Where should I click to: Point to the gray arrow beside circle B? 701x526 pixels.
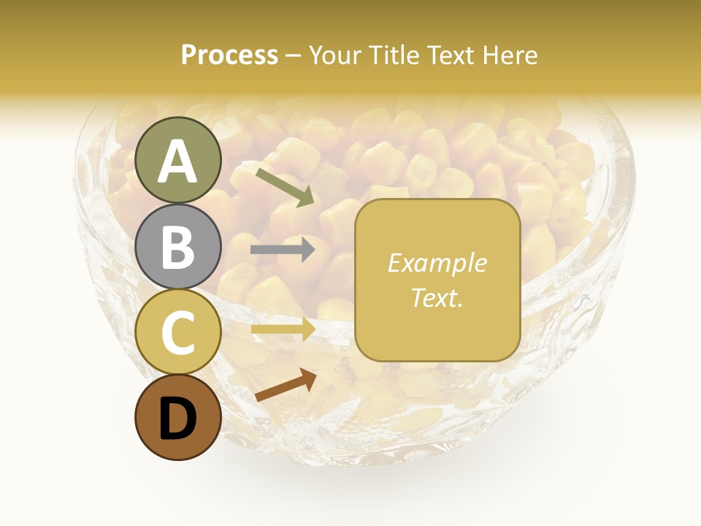click(283, 250)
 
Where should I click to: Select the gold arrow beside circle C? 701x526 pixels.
click(283, 329)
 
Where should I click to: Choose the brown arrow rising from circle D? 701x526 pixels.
click(285, 385)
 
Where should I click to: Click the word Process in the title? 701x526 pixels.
click(229, 55)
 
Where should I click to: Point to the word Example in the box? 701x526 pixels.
click(437, 263)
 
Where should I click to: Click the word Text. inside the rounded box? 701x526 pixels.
click(437, 297)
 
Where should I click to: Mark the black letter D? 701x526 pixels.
click(178, 418)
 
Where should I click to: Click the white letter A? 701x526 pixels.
click(178, 161)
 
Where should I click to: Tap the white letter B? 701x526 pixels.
click(178, 247)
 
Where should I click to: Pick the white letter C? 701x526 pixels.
click(178, 332)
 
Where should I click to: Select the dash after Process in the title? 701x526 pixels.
click(294, 56)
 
